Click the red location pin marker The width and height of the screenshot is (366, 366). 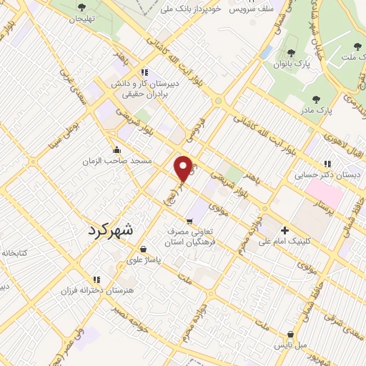coord(184,168)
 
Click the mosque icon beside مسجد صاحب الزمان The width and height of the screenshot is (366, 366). coord(117,150)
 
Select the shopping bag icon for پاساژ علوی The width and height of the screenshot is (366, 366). coord(144,249)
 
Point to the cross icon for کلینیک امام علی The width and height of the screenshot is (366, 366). coord(285,230)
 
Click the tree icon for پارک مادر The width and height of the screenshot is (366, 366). coord(316,99)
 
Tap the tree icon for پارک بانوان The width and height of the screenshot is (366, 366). coord(290,54)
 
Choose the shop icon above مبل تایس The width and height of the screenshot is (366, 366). coord(290,334)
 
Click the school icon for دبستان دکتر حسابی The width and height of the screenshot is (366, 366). coord(328,164)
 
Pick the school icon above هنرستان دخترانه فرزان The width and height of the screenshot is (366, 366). coord(96,280)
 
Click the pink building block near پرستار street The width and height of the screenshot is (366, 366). coord(325,191)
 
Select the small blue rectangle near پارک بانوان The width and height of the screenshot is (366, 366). coord(266,53)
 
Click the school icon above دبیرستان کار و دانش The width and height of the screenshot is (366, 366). coord(144,72)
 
